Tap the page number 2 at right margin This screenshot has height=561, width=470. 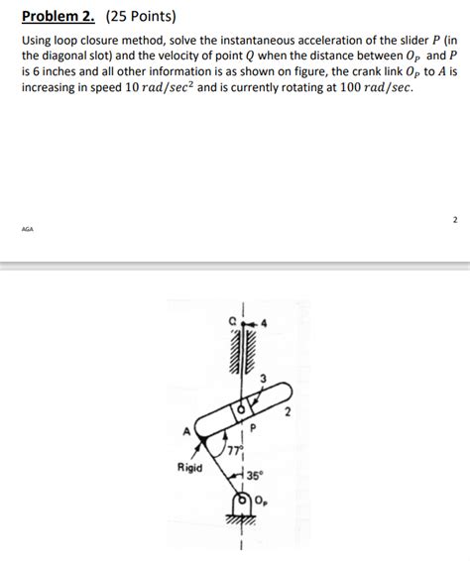454,218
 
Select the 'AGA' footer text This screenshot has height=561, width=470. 27,227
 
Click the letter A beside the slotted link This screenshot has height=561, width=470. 183,433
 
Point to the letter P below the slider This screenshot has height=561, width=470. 253,429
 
